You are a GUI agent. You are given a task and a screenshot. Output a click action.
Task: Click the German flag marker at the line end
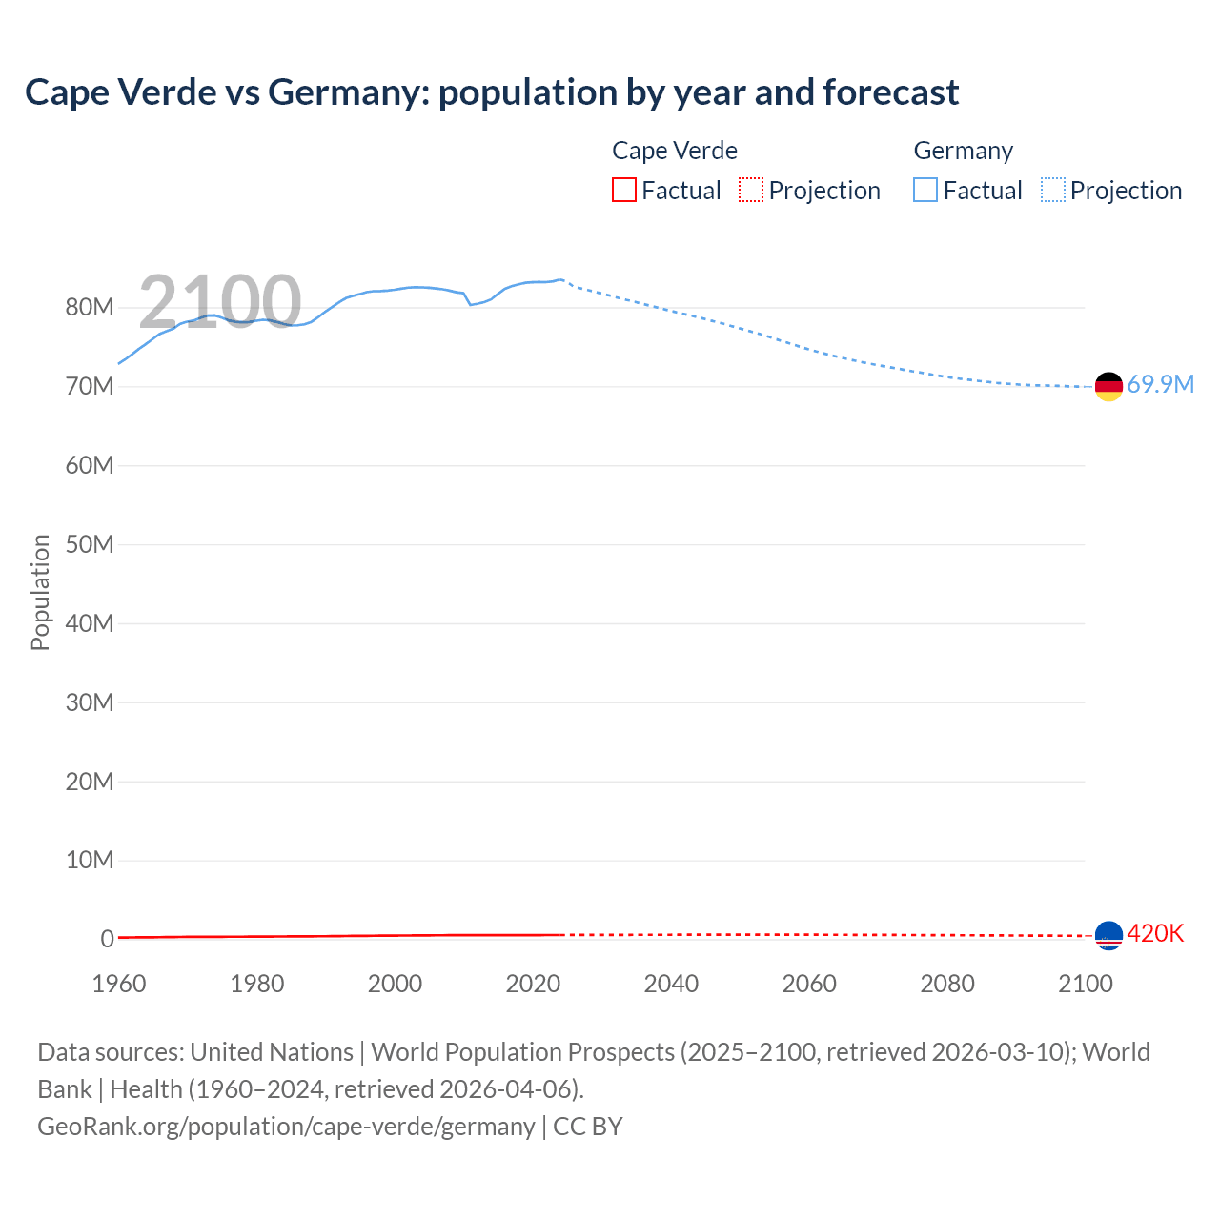1108,386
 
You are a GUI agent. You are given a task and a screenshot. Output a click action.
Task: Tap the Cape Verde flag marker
1108,936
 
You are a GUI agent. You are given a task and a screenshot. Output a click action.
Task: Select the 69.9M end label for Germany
1160,385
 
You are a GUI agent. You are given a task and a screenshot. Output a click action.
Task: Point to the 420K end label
1155,934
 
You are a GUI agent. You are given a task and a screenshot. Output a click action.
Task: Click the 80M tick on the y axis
90,308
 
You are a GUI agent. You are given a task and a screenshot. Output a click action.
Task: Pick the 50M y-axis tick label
90,545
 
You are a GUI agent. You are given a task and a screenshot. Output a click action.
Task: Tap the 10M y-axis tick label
90,861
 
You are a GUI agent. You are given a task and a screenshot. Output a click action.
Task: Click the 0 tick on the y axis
107,940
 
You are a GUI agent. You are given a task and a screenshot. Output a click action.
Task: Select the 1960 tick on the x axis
119,985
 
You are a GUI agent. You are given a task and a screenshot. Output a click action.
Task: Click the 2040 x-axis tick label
671,985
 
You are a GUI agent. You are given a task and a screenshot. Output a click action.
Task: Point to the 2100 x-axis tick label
1085,985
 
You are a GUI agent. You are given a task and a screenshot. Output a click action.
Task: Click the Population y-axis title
40,592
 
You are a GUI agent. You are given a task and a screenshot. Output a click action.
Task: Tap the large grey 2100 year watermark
220,302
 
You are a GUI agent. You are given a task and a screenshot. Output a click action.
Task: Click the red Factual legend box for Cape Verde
624,191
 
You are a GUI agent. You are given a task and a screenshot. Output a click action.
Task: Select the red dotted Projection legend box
751,191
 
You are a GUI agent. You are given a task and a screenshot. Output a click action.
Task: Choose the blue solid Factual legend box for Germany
925,191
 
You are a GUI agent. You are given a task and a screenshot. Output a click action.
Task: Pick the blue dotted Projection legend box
1053,191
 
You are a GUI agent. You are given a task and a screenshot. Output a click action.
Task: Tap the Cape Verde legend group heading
675,151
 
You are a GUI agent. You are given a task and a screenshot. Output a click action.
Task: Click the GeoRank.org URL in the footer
286,1127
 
